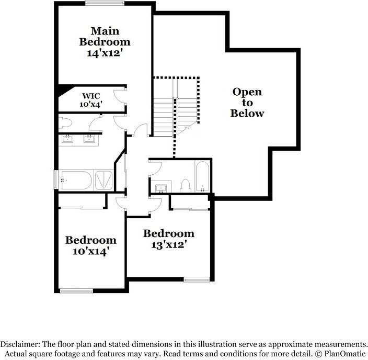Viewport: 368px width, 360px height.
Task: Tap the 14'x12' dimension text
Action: coord(105,53)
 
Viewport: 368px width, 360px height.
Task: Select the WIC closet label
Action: coord(91,96)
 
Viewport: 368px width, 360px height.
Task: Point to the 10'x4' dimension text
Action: coord(91,104)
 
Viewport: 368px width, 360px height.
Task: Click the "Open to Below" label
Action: coord(247,103)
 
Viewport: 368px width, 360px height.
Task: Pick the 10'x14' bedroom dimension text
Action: coord(90,251)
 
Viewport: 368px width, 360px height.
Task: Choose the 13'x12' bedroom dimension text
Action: coord(169,244)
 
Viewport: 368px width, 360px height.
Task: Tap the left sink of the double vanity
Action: coord(68,139)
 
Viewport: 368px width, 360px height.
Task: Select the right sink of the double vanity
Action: coord(89,139)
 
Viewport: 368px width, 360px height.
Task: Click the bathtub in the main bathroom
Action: coord(76,181)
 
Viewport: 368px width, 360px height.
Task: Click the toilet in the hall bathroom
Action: coord(185,185)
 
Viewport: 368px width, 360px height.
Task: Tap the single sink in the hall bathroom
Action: coord(160,187)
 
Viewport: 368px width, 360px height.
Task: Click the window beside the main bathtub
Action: coord(55,179)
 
